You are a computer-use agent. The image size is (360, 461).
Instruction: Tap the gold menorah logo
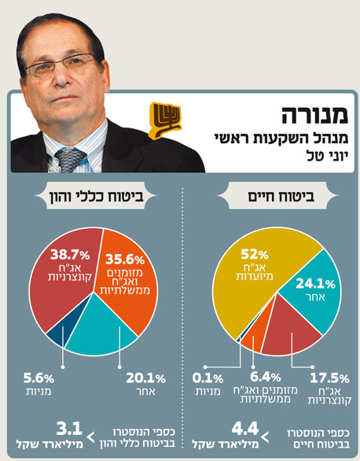click(165, 120)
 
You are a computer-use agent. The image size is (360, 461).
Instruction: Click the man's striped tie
click(71, 159)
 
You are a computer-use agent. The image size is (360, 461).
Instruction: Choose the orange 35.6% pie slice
click(129, 267)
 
